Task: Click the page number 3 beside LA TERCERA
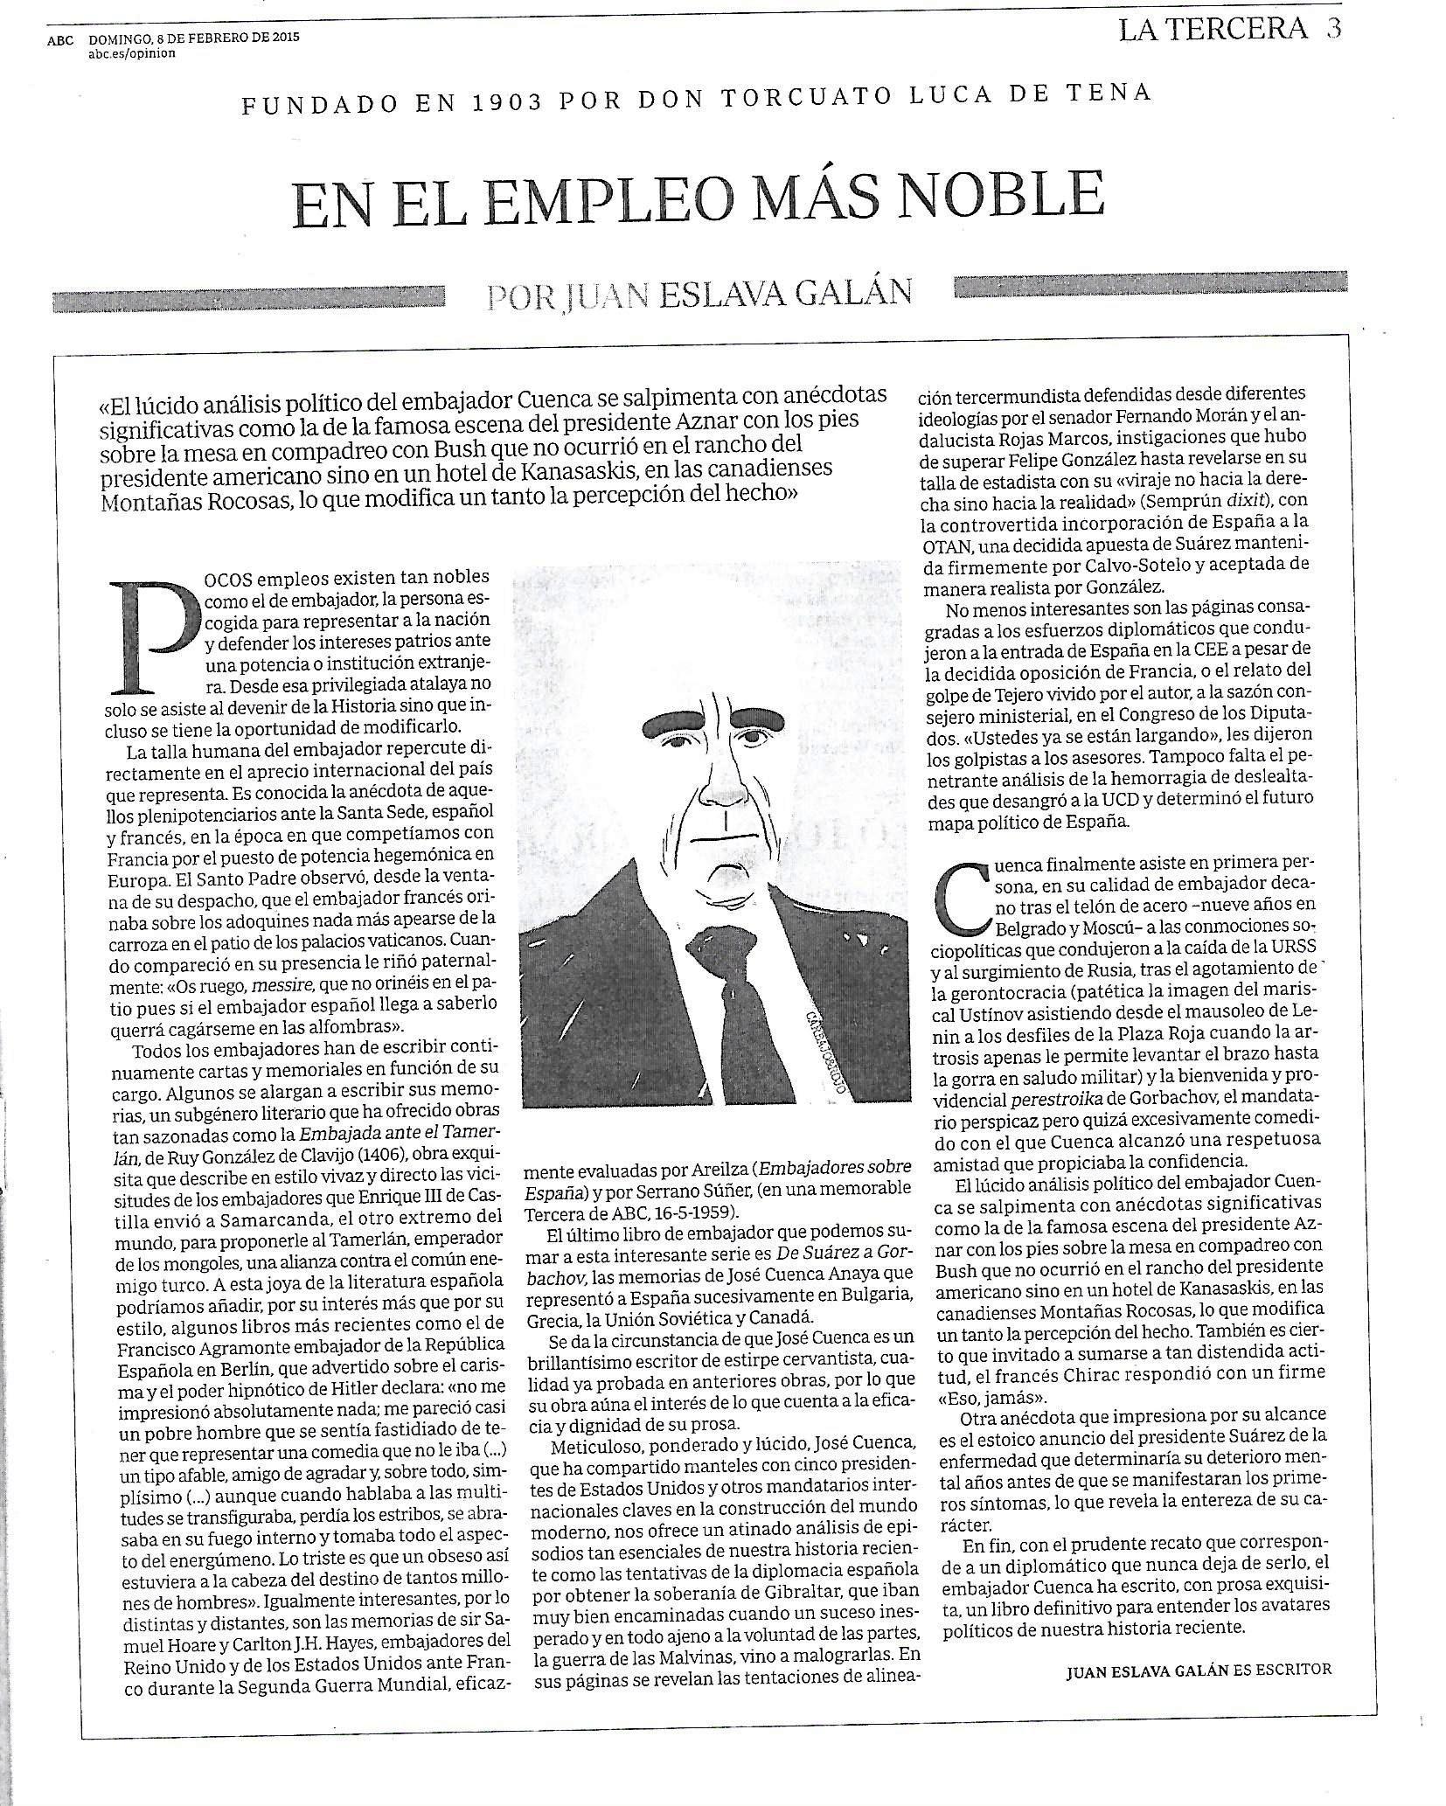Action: [x=1332, y=29]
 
